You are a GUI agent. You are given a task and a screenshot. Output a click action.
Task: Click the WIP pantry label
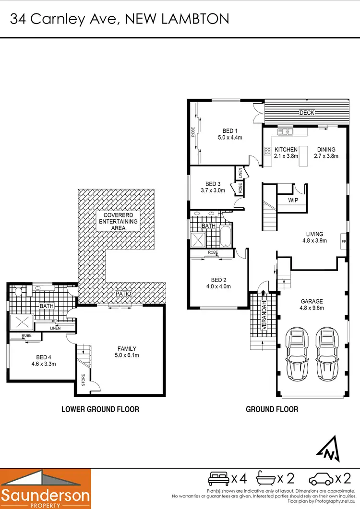click(293, 200)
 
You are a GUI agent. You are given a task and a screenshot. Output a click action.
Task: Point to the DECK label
click(306, 113)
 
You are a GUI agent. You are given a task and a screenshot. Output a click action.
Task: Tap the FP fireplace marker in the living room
click(343, 241)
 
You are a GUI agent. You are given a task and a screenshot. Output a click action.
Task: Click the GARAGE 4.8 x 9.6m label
click(312, 305)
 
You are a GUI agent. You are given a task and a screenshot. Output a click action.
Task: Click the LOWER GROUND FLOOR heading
click(100, 409)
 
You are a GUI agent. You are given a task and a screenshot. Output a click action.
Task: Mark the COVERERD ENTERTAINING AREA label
click(118, 221)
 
